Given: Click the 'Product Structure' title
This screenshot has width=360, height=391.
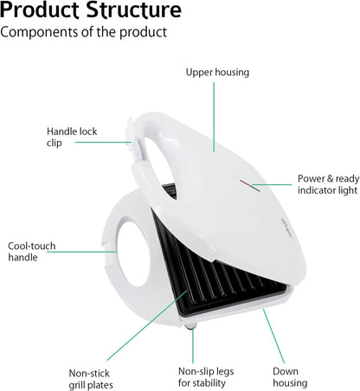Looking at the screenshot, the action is pyautogui.click(x=91, y=10).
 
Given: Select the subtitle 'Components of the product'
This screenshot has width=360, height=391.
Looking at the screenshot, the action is pyautogui.click(x=84, y=32).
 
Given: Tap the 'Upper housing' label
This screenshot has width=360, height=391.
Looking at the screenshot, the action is pyautogui.click(x=217, y=72).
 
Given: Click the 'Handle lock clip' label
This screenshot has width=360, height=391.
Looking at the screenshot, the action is pyautogui.click(x=72, y=137).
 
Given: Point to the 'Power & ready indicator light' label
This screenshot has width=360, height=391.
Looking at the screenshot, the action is pyautogui.click(x=329, y=184).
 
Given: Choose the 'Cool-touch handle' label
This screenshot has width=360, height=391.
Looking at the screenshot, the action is pyautogui.click(x=32, y=252).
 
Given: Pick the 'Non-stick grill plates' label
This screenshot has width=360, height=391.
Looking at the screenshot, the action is pyautogui.click(x=91, y=379).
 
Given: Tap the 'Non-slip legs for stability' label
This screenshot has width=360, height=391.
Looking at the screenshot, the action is pyautogui.click(x=206, y=377).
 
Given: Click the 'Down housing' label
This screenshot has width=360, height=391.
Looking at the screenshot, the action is pyautogui.click(x=290, y=377).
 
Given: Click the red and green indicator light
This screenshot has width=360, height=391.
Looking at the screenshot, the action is pyautogui.click(x=250, y=186).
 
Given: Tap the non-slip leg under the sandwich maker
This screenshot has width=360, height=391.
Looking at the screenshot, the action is pyautogui.click(x=191, y=326).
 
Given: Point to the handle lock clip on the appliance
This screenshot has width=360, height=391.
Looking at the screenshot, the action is pyautogui.click(x=131, y=136).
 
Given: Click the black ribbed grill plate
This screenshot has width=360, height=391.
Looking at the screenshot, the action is pyautogui.click(x=219, y=277).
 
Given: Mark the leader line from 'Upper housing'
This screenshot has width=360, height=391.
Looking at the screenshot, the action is pyautogui.click(x=214, y=117).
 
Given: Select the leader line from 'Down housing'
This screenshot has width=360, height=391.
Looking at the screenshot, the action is pyautogui.click(x=273, y=336).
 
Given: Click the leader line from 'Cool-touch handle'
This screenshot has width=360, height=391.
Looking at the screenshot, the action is pyautogui.click(x=81, y=252).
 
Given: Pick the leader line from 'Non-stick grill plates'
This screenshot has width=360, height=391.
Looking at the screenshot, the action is pyautogui.click(x=147, y=325).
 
